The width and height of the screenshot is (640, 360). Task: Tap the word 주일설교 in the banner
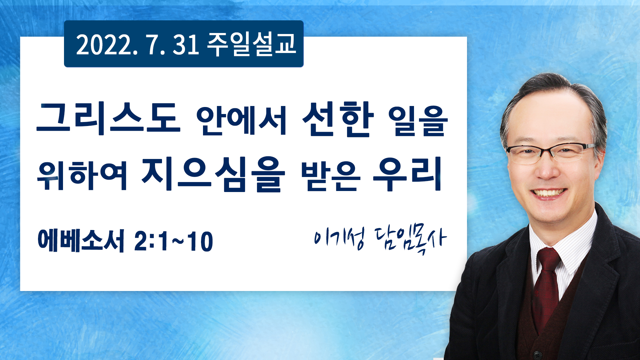tap(252, 44)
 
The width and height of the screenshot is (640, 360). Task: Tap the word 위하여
tap(82, 175)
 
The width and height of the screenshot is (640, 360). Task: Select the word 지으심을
tap(213, 174)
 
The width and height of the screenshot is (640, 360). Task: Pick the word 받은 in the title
tap(331, 176)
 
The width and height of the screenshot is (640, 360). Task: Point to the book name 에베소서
tap(81, 240)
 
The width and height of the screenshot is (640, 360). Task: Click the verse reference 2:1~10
tap(174, 241)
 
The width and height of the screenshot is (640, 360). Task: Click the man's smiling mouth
tap(548, 193)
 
